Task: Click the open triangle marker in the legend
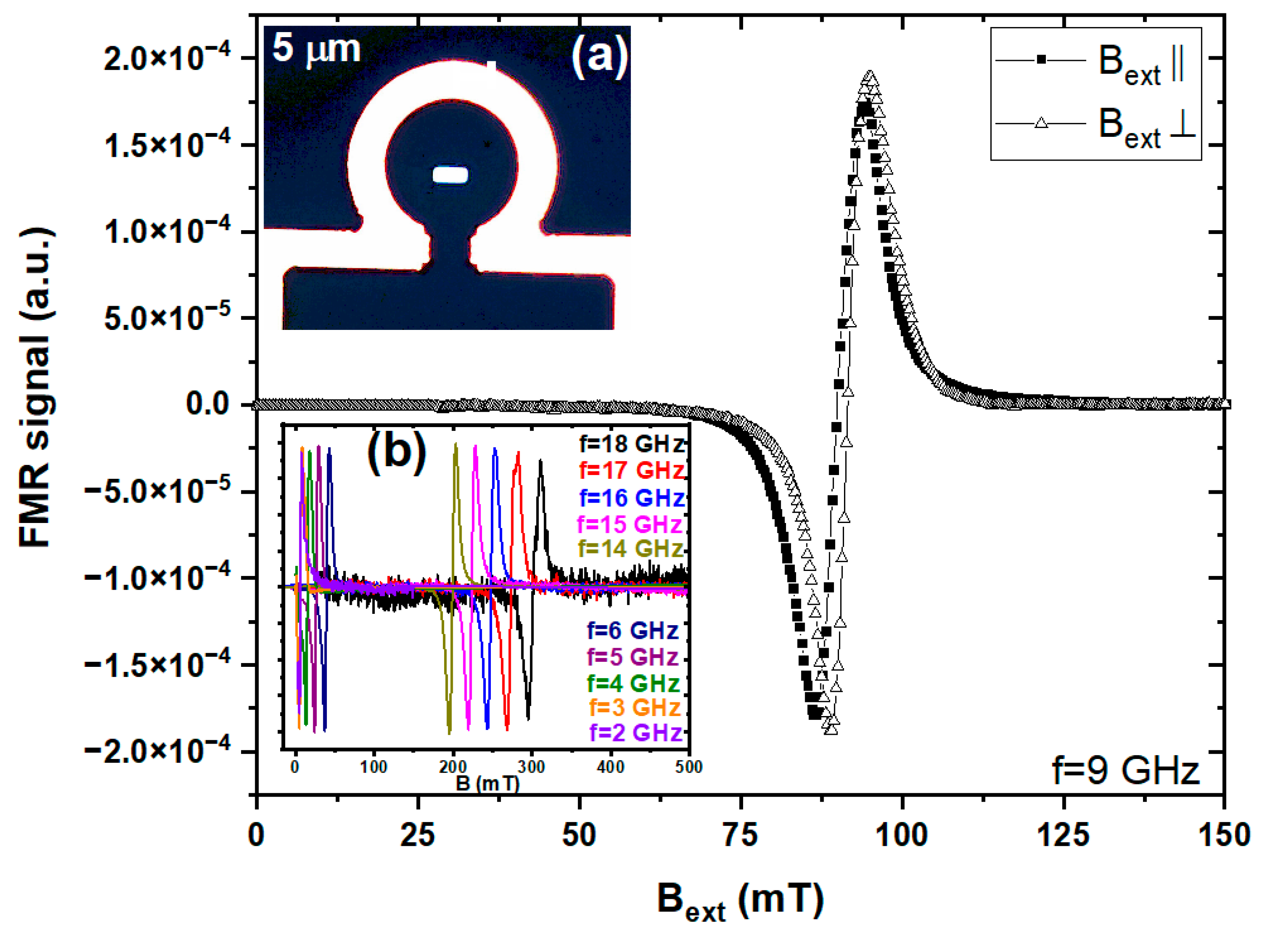coord(1040,122)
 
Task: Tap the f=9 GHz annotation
coord(1125,771)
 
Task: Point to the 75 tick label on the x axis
coord(740,835)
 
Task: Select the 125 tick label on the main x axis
coord(1063,835)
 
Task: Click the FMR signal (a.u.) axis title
coord(35,388)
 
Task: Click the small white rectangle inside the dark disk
coord(450,175)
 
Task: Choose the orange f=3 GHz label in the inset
coord(634,707)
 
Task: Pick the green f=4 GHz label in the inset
coord(633,683)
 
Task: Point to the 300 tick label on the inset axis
coord(531,767)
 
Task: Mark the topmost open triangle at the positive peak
coord(870,76)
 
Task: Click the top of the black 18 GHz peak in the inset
coord(541,461)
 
